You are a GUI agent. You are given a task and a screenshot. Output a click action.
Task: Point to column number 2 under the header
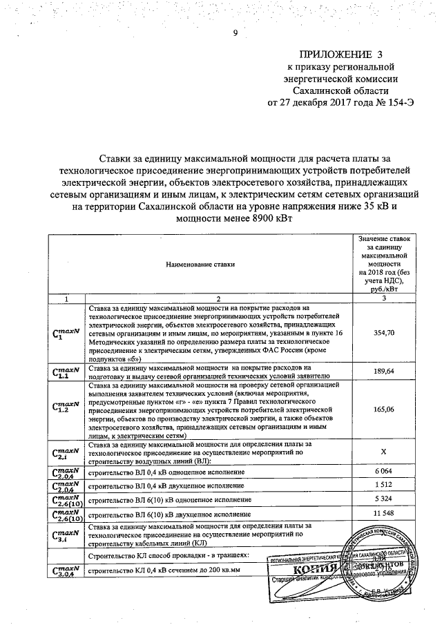click(x=216, y=297)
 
